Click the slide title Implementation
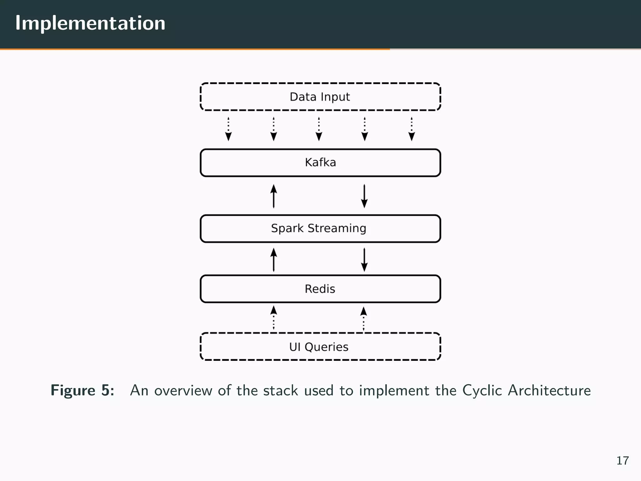point(90,23)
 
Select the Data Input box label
point(320,97)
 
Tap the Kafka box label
point(320,163)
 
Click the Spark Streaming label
point(318,228)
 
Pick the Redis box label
point(320,289)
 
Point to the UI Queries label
point(319,347)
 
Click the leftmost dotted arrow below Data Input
point(228,129)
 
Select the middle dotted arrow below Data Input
point(319,129)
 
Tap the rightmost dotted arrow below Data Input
point(412,129)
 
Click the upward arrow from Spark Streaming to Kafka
point(274,196)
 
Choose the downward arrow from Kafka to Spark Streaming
point(364,196)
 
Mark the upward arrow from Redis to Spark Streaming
point(274,260)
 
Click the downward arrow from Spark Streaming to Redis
point(364,260)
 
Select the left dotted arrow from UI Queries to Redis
point(274,318)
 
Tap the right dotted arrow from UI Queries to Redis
point(363,318)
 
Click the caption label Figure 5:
point(83,390)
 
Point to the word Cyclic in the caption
point(482,390)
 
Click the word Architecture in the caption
point(549,390)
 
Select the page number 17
point(622,461)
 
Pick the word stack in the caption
point(280,390)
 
